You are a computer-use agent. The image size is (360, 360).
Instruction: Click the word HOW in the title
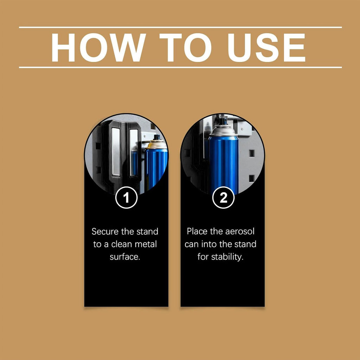click(x=99, y=47)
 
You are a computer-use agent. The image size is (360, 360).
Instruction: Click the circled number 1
click(x=126, y=198)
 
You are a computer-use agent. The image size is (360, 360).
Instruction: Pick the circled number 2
click(x=223, y=198)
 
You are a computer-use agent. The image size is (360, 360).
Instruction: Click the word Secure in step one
click(x=105, y=231)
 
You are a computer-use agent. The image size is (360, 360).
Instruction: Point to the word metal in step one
click(x=146, y=244)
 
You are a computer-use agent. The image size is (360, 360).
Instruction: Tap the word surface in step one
click(x=125, y=257)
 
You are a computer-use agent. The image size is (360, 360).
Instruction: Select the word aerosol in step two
click(x=240, y=231)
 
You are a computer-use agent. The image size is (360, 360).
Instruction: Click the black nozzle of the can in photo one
click(x=157, y=137)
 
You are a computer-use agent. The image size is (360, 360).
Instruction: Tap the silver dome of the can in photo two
click(x=223, y=130)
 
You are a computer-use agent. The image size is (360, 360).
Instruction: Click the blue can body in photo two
click(x=223, y=164)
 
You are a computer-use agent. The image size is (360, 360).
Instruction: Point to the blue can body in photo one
click(x=156, y=168)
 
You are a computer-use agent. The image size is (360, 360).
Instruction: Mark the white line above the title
click(x=180, y=27)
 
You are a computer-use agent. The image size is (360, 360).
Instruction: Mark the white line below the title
click(x=180, y=67)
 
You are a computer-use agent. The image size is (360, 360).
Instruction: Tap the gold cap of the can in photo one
click(x=157, y=144)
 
